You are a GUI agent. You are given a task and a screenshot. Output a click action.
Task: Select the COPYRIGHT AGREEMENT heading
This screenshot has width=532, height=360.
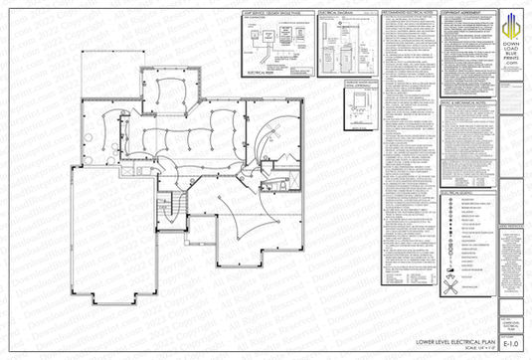coord(466,15)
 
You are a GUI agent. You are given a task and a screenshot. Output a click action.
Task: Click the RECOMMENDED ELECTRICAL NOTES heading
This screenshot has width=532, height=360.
coord(405,15)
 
